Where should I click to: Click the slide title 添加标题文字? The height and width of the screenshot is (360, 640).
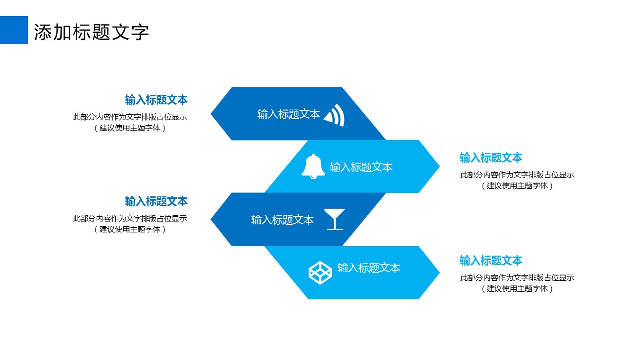91,32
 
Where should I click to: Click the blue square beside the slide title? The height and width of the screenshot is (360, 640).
14,30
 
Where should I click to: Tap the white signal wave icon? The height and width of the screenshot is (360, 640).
335,115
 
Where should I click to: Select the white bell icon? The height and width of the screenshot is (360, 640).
313,166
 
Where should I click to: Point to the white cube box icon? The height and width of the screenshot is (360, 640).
320,272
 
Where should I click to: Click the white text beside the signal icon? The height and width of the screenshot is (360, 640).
289,114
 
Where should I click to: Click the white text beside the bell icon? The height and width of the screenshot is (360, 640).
361,167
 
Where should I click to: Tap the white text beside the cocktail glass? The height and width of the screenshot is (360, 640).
283,220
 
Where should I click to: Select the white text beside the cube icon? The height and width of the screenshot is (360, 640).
369,268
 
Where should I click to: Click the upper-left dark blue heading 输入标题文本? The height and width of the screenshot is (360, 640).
156,100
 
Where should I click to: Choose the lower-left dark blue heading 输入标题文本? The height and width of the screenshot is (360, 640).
156,201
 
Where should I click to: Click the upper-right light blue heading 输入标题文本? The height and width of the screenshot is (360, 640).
491,157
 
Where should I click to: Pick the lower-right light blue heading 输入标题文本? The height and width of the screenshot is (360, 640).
491,260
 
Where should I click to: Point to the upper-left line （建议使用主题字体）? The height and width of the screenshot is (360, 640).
130,128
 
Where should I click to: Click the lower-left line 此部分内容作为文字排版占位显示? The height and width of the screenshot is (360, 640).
130,219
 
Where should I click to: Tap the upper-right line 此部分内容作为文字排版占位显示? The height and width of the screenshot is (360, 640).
517,175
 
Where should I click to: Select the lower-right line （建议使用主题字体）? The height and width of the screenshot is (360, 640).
517,288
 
